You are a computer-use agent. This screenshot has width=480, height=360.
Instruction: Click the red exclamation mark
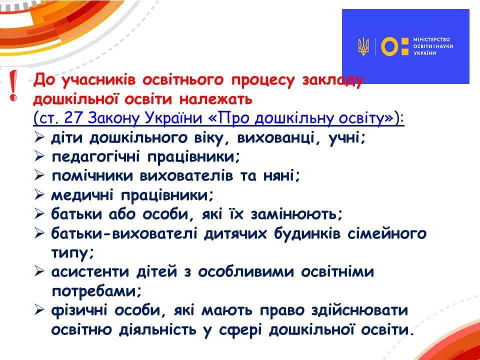coord(13,85)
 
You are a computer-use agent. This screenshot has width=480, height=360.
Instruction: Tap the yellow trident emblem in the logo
coord(363,47)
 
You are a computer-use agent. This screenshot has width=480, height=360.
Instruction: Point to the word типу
coord(70,254)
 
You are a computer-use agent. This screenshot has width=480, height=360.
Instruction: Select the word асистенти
coord(89,272)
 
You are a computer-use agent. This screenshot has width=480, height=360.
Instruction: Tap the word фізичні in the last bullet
coord(79,310)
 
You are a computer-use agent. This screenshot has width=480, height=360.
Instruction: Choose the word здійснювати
coord(359,310)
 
